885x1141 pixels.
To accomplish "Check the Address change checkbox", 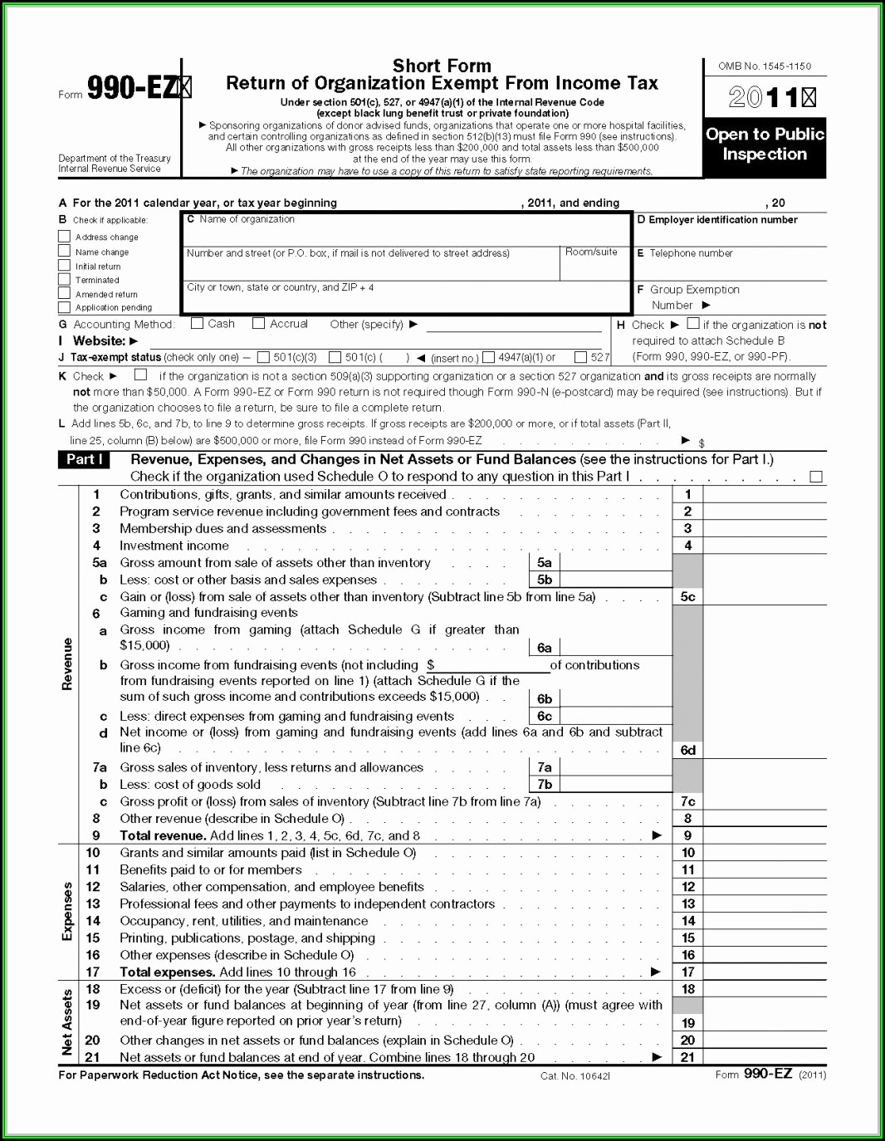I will point(64,237).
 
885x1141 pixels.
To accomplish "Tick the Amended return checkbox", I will point(64,293).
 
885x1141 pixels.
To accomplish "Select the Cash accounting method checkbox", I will point(197,324).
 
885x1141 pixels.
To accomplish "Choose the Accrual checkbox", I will point(259,324).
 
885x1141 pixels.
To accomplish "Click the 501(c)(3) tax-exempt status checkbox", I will point(263,357).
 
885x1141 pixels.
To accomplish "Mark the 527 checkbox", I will point(581,357).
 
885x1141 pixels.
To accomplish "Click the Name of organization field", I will point(407,233).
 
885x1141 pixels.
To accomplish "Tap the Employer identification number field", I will point(731,236).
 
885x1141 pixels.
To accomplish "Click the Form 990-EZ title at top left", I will point(133,88).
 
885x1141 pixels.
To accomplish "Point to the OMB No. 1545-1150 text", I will point(765,66).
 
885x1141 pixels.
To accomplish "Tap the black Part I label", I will point(85,460).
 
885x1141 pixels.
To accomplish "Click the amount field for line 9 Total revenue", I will point(764,835).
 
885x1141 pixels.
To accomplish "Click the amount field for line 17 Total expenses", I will point(764,972).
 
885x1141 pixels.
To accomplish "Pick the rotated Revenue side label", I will point(67,664).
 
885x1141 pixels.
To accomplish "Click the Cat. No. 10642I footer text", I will point(575,1076).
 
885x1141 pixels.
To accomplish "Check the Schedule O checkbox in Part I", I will point(816,477).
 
